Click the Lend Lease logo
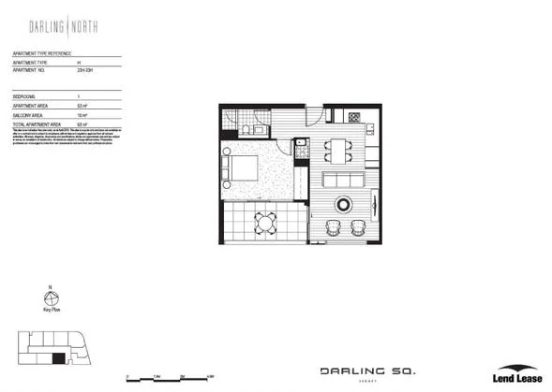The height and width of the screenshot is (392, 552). click(x=515, y=373)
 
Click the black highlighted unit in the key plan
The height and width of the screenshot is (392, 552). click(x=59, y=357)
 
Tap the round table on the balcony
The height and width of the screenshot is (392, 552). click(x=267, y=222)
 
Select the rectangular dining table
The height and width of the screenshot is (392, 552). click(x=336, y=149)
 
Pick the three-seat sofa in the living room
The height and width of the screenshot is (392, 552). click(x=344, y=180)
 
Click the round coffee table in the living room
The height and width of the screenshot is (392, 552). click(x=343, y=204)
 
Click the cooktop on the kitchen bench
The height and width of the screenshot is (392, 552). click(x=355, y=117)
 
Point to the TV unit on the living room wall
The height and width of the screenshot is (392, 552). click(x=375, y=202)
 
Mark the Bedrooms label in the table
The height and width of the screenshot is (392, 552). click(x=25, y=97)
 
